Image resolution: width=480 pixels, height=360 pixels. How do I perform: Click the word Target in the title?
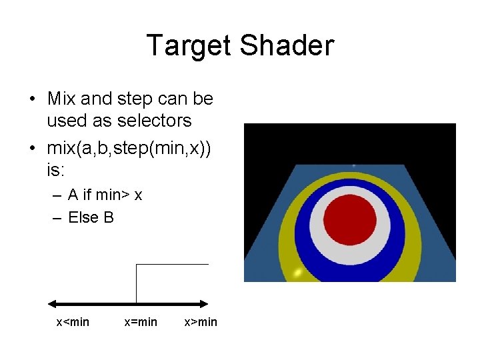coord(189,46)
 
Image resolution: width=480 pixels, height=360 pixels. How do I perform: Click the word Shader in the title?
coord(287,46)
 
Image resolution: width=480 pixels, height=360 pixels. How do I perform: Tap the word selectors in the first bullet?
coord(154,121)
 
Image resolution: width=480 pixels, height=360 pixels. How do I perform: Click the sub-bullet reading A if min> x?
coord(105,195)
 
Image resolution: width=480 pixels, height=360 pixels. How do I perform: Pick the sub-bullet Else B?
coord(91,217)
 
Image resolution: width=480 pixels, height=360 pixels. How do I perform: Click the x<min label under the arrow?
coord(72,323)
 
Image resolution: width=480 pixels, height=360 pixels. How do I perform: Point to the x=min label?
coord(141,323)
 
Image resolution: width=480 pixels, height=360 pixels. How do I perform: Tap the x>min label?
coord(201,323)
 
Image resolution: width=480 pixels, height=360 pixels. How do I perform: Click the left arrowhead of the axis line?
coord(51,303)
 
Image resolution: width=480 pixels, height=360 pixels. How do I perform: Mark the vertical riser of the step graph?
coord(136,283)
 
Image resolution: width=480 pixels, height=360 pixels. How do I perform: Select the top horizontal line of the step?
coord(172,265)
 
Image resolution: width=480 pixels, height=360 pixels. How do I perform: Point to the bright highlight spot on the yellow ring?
coord(298,273)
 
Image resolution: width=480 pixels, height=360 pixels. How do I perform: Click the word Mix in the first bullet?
coord(61,99)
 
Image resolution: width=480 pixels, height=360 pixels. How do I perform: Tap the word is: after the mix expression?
coord(56,171)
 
